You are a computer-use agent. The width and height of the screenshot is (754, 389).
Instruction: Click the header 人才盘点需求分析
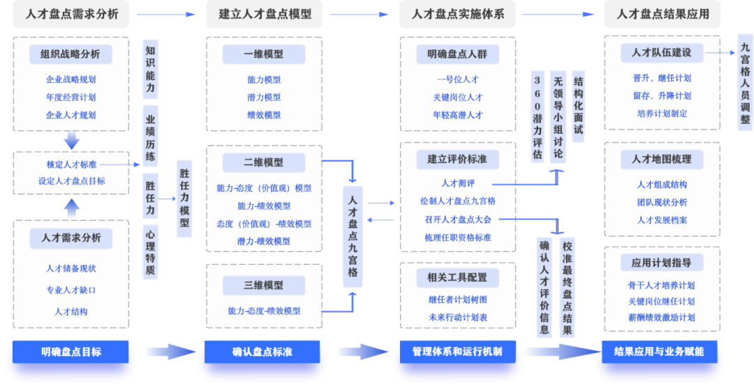[x=71, y=14]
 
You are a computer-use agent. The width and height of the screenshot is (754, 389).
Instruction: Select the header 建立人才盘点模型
[x=265, y=14]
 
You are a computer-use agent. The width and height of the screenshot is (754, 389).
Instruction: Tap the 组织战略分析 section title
[x=70, y=54]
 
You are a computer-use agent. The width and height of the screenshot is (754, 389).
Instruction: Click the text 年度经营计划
[x=71, y=98]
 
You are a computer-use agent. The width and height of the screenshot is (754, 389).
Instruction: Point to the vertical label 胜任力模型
[x=184, y=199]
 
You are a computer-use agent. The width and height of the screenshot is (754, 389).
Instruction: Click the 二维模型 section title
[x=264, y=162]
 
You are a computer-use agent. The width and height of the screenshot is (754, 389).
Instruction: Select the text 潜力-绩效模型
[x=264, y=241]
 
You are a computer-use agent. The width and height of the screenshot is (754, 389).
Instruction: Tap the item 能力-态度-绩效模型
[x=264, y=311]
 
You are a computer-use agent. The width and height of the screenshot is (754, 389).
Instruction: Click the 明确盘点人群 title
[x=457, y=54]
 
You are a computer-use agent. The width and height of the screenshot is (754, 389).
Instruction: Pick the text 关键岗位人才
[x=457, y=98]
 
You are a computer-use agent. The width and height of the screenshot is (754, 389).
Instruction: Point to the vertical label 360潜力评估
[x=536, y=115]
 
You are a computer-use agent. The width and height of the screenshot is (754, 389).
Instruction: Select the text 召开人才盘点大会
[x=457, y=220]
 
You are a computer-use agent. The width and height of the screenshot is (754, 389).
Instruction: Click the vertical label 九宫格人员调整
[x=746, y=82]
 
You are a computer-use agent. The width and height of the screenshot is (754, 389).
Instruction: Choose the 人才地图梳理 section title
[x=661, y=159]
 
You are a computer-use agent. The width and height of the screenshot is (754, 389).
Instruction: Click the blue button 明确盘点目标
[x=71, y=352]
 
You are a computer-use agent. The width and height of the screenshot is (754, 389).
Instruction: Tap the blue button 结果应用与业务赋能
[x=658, y=352]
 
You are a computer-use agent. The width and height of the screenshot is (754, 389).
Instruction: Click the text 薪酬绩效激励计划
[x=661, y=318]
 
